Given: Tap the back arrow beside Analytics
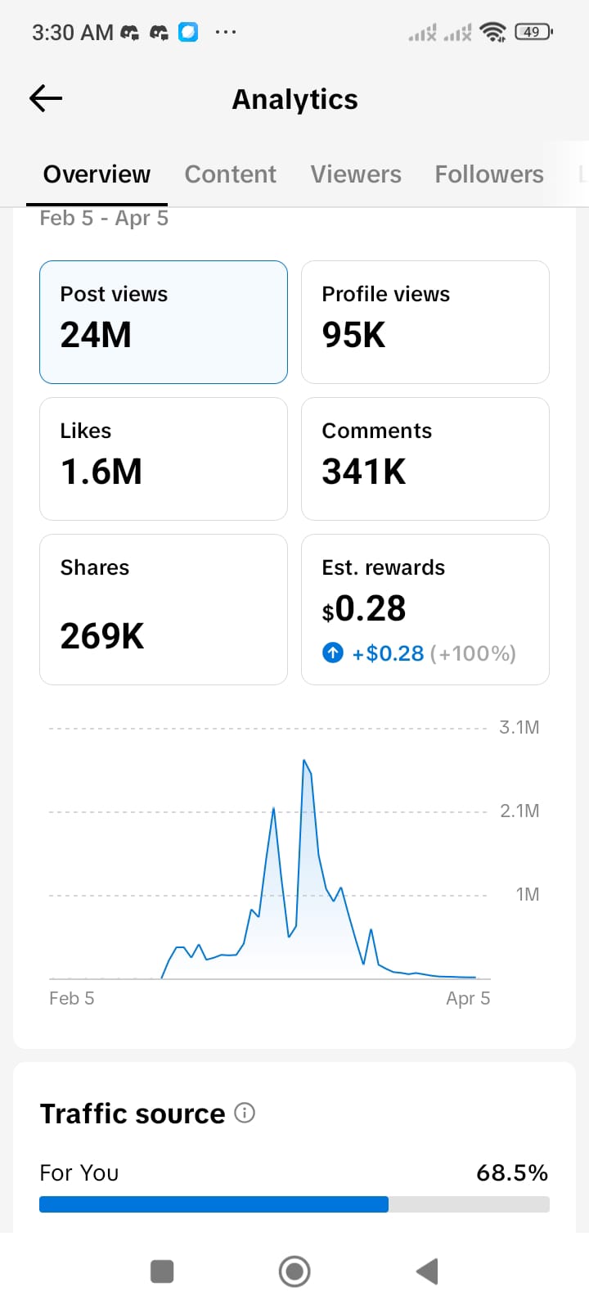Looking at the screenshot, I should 46,99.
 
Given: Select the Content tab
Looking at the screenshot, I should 230,174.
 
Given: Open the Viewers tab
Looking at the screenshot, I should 356,174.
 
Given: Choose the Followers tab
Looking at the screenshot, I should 489,174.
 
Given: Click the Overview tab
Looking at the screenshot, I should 97,174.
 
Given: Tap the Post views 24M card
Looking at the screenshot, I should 164,322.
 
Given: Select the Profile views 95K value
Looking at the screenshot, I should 353,335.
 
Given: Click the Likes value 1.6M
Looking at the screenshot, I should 101,472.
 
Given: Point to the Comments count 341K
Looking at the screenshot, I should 364,472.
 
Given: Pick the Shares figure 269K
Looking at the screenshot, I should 102,636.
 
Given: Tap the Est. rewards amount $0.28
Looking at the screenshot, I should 364,609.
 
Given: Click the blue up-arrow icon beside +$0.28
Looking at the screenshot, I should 333,653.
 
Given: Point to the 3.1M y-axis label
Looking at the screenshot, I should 519,727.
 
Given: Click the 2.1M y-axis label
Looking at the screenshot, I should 519,811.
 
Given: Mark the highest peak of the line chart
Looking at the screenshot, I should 304,761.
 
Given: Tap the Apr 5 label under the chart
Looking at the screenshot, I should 468,998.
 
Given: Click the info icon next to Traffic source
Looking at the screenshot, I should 245,1113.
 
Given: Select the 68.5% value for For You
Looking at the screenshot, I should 512,1173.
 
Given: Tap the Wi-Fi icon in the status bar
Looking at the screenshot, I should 493,32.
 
